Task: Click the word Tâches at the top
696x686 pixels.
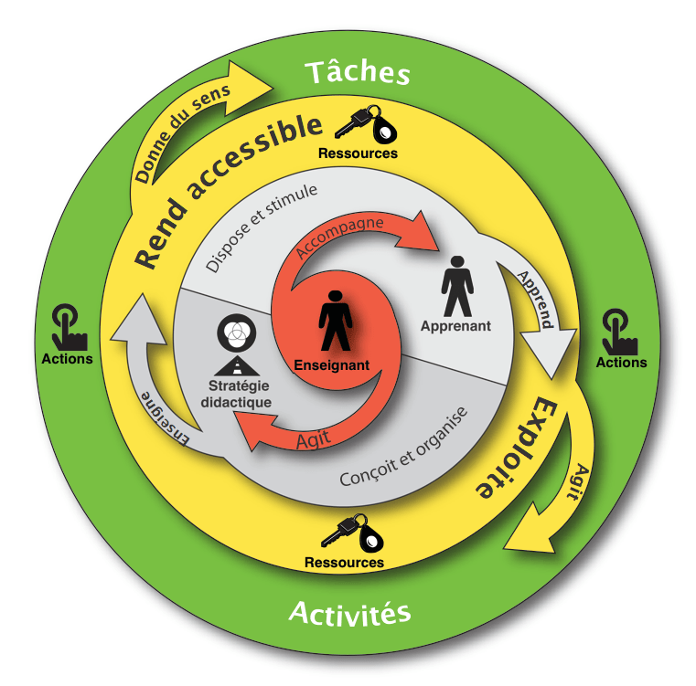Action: coord(357,71)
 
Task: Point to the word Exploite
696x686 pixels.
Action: coord(517,447)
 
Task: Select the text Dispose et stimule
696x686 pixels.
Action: coord(261,227)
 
